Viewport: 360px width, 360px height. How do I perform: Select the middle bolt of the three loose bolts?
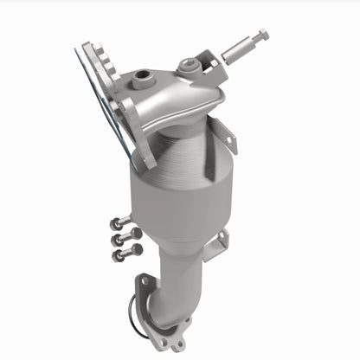tap(125, 236)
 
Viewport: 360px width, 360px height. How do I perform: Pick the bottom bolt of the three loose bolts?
tap(127, 252)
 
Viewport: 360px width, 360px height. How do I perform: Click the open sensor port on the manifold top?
tap(140, 79)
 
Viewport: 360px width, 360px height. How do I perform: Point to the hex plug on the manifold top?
tap(187, 65)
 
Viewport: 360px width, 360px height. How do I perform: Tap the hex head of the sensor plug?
tap(260, 35)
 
